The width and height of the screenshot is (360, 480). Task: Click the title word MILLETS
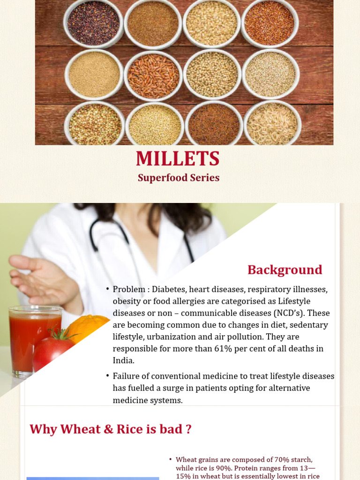178,159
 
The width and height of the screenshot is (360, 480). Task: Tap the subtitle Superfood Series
179,178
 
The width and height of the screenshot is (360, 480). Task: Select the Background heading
285,270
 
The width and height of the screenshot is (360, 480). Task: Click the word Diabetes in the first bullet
167,289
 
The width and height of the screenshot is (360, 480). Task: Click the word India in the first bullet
123,360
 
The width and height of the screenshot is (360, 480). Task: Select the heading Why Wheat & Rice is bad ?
111,429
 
